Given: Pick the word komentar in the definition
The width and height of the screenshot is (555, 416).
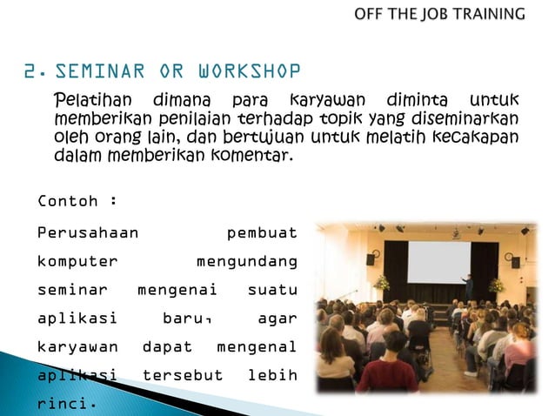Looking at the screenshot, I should coord(253,157).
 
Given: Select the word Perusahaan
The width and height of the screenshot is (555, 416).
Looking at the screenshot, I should coord(88,233).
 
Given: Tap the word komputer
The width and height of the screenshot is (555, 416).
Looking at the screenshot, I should coord(77,261).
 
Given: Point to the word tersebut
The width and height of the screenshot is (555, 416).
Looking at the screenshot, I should coord(182,375).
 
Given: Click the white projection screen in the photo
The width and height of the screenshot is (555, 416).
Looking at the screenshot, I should coord(438,261).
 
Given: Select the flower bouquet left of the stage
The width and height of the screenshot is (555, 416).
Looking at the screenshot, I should coord(381,283).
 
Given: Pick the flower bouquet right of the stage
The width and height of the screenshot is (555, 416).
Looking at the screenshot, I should coord(497,285).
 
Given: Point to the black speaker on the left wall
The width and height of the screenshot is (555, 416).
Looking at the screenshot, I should coord(371,258).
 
